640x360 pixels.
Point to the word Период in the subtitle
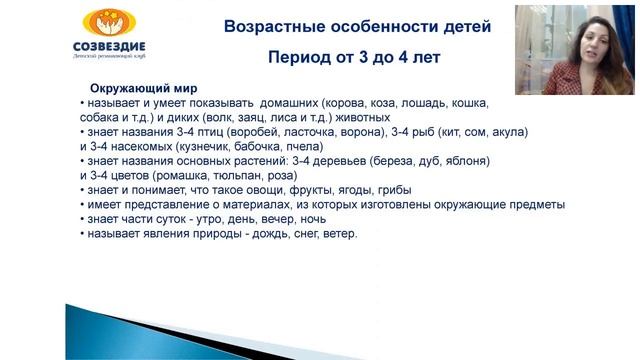point(299,58)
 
